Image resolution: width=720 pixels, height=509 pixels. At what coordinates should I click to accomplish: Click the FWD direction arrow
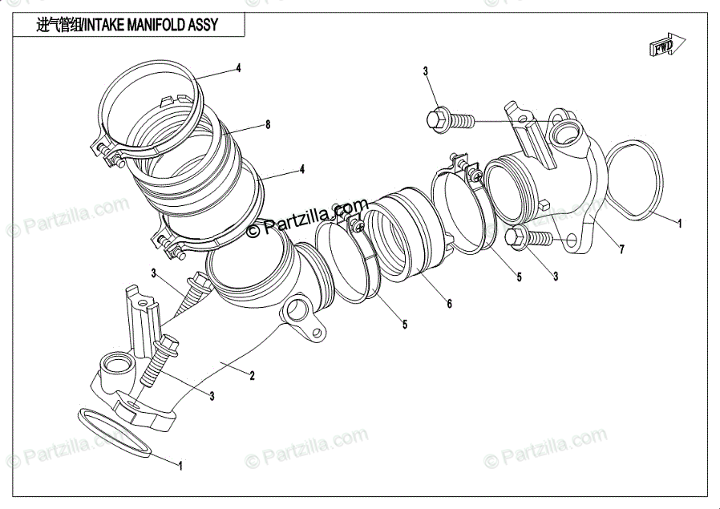(665, 46)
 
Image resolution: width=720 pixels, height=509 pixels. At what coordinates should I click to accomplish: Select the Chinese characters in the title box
(60, 25)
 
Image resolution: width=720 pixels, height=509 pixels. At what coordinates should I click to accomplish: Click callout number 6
(449, 304)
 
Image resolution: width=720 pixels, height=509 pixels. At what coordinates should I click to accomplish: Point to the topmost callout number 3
(426, 71)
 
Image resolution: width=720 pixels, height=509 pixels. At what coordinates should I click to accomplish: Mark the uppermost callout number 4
(238, 68)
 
